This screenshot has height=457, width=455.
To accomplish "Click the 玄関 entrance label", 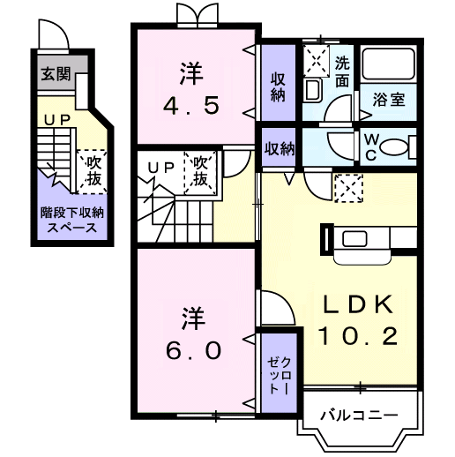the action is click(56, 73).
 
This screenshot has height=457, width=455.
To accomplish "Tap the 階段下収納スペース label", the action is click(72, 220).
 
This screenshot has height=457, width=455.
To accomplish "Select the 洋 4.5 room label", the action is click(191, 88).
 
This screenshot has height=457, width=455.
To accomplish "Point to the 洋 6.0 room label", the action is click(193, 333).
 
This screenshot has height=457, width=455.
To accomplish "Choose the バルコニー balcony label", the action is click(359, 416).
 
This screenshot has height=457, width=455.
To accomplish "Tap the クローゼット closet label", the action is click(279, 375).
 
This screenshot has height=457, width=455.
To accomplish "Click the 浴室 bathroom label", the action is click(389, 100).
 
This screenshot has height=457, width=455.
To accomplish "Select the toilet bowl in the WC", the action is click(394, 146).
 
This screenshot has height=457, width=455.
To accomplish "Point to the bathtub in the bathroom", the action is click(388, 64).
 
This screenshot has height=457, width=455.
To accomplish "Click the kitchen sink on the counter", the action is click(354, 239).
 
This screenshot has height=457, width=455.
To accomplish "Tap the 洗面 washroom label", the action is click(342, 71).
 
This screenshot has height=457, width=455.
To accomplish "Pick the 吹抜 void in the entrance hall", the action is click(92, 172).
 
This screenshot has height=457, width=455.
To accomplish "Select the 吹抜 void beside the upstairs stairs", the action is click(200, 173).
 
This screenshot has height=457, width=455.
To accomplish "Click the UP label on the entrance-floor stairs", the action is click(57, 120).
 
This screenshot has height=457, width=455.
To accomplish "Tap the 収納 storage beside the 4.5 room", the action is click(278, 82).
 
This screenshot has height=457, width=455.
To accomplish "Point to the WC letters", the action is click(371, 146).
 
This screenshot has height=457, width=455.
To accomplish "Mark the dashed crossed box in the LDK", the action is click(348, 188).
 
